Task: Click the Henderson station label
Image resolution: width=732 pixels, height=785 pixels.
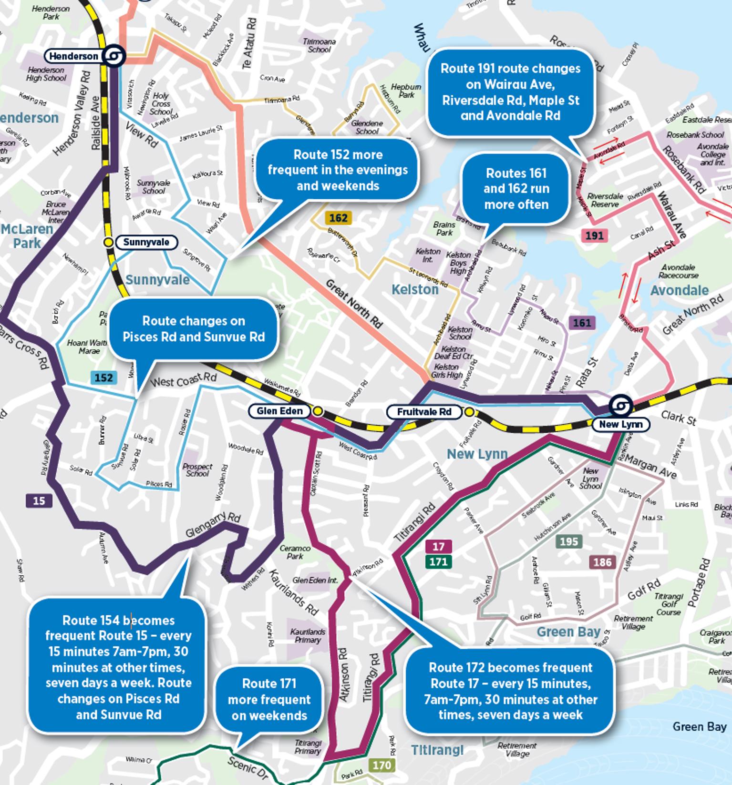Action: (x=73, y=56)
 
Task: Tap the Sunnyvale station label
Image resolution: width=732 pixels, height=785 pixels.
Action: (x=146, y=242)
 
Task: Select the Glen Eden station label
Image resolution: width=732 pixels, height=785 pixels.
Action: (x=279, y=411)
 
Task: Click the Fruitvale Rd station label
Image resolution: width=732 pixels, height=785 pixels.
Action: (x=424, y=412)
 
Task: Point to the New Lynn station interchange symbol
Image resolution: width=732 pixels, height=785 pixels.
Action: (x=621, y=406)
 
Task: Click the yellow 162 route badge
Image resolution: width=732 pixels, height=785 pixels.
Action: (x=338, y=218)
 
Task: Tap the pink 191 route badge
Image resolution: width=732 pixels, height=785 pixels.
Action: (x=594, y=235)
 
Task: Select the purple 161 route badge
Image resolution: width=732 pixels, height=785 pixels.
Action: (x=582, y=323)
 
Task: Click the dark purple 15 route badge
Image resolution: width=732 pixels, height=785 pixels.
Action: (x=39, y=500)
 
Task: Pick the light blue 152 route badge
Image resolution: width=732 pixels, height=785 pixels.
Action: (x=103, y=378)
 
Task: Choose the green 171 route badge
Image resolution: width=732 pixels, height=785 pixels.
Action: (x=438, y=561)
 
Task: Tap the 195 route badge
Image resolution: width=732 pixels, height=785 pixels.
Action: (x=569, y=541)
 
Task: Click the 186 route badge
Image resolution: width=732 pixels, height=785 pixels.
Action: (x=602, y=562)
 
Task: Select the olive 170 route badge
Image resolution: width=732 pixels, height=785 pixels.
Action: (x=381, y=765)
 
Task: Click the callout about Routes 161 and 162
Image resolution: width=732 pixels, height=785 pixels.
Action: (x=516, y=189)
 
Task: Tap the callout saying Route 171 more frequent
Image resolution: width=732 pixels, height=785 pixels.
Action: (x=269, y=699)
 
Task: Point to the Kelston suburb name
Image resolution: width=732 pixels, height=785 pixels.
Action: (x=414, y=289)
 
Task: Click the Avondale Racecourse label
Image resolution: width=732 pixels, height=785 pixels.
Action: (x=678, y=271)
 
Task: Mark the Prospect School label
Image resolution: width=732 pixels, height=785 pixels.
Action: (x=197, y=470)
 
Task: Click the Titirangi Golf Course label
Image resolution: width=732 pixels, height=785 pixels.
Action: (x=669, y=604)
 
